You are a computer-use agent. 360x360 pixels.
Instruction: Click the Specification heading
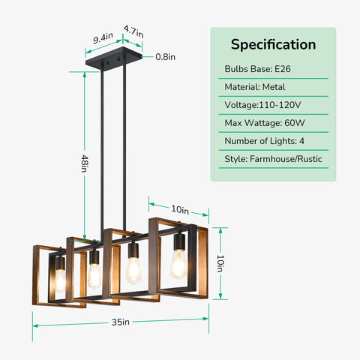tap(273, 45)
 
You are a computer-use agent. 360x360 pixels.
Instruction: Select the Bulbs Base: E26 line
tap(257, 69)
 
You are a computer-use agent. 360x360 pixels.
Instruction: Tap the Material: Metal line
tap(255, 87)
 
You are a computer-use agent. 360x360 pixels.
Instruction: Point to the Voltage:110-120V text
tap(262, 105)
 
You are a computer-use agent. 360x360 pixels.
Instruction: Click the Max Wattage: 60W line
tap(265, 123)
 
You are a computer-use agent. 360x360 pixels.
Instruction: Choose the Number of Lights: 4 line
tap(264, 141)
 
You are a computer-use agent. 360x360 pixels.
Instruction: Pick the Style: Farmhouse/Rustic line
tap(273, 159)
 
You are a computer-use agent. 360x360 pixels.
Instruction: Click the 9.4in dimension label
tap(103, 38)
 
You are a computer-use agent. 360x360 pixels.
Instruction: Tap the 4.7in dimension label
tap(133, 31)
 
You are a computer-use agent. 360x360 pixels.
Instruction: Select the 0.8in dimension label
tap(165, 57)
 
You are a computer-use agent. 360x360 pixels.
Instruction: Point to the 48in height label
tap(85, 163)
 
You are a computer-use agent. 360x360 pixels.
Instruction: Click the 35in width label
tap(121, 322)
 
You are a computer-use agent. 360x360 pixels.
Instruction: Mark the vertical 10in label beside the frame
tap(220, 263)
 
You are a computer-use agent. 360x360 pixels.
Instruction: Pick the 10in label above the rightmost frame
tap(180, 209)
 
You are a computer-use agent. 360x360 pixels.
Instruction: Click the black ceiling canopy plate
tap(114, 58)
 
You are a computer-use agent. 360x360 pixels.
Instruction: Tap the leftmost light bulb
tap(60, 280)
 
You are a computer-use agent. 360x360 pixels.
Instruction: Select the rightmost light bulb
tap(178, 265)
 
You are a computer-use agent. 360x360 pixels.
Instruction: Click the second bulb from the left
tap(94, 276)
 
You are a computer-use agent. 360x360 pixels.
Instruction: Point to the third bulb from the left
tap(133, 271)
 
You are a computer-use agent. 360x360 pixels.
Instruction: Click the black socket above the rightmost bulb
tap(179, 242)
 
